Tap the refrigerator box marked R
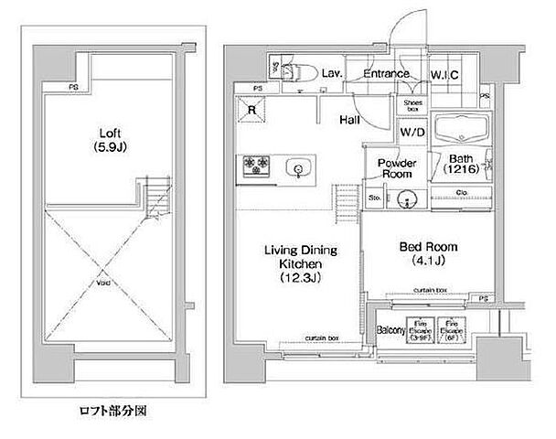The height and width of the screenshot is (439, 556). pos(251,108)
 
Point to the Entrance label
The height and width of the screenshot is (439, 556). pos(388,75)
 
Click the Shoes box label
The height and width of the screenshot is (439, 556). pos(413,106)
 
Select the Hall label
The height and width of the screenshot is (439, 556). pos(349,119)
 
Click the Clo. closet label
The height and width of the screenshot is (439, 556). pos(461,192)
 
